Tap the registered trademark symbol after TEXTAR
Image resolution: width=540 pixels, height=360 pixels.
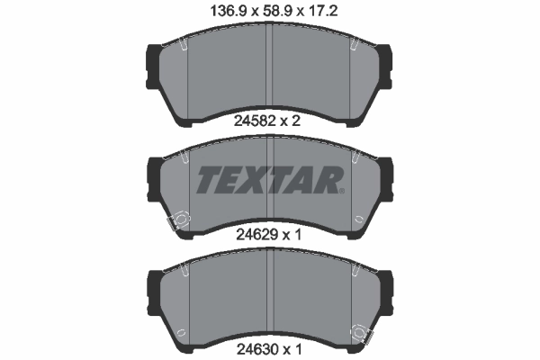point(343,190)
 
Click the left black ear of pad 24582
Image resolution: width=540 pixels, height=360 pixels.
point(152,64)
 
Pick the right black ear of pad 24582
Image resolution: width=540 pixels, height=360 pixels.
point(386,64)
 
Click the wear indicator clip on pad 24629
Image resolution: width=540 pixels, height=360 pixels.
point(178,219)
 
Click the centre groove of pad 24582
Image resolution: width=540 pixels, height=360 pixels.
point(270,72)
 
